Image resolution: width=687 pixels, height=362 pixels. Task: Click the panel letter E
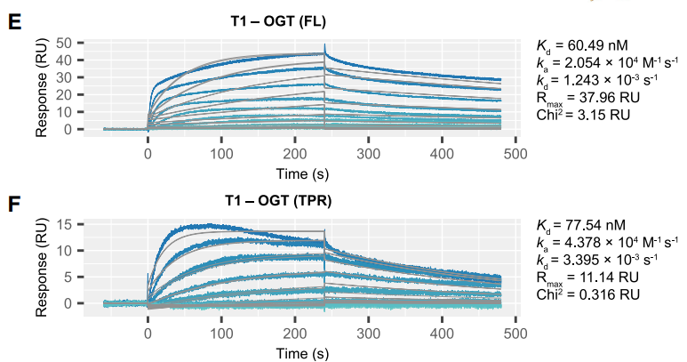tap(14, 21)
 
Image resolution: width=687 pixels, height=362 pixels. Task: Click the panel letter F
tap(14, 204)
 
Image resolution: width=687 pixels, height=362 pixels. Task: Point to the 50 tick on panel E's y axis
tap(63, 42)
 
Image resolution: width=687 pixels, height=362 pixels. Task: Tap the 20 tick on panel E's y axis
tap(63, 94)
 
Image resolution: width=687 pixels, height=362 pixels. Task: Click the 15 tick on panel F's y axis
tap(63, 223)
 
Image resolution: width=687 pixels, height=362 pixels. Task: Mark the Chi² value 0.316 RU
tap(602, 294)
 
